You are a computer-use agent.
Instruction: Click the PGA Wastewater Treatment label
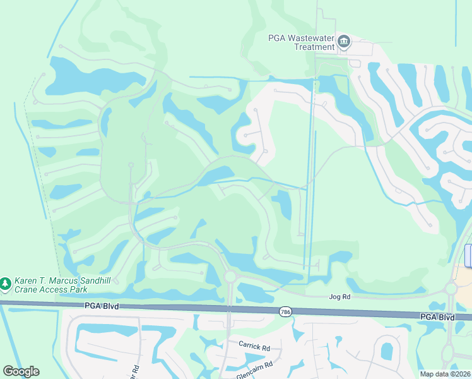tap(300, 42)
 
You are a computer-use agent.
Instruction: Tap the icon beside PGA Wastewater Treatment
tap(344, 42)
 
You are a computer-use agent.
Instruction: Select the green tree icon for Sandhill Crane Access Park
tap(6, 284)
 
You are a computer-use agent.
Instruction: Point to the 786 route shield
tap(285, 311)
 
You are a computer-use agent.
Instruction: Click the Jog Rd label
tap(339, 296)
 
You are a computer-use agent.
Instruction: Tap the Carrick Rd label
tap(254, 347)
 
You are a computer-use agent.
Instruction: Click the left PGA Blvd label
tap(100, 306)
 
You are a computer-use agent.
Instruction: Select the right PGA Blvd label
tap(437, 316)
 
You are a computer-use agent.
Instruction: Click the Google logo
tap(21, 371)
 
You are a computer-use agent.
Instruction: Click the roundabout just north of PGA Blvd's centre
tap(230, 277)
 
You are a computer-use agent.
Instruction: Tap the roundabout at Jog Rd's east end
tap(451, 289)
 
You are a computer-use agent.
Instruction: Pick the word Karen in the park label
tap(27, 280)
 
